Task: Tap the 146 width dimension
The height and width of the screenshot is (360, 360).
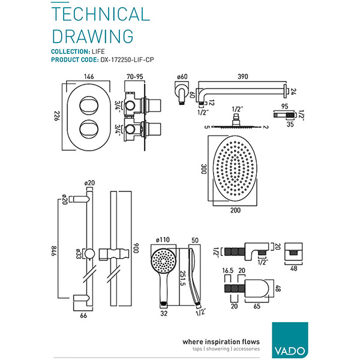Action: tap(89, 77)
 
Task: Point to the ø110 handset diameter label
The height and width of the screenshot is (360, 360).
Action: tap(163, 239)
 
